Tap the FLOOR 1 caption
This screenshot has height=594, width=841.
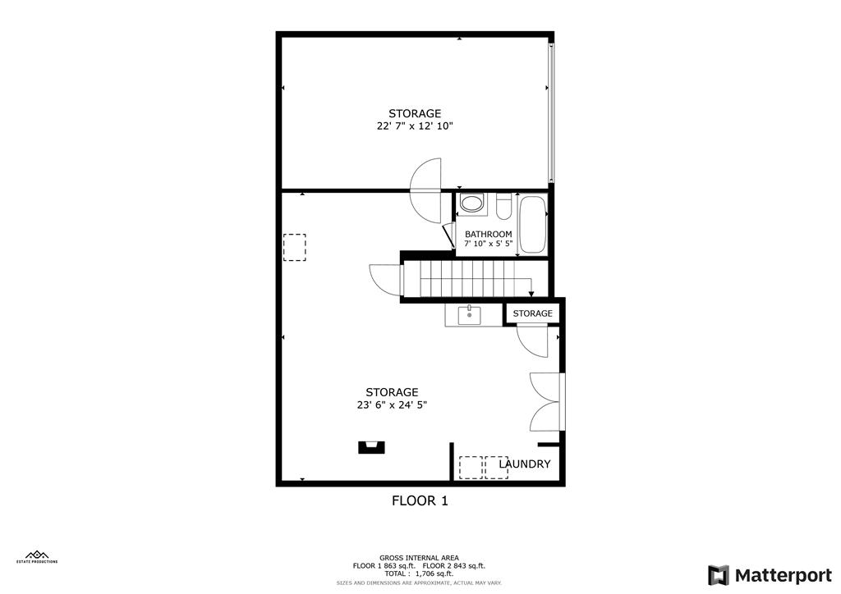pyautogui.click(x=420, y=500)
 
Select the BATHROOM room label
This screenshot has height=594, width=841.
pyautogui.click(x=488, y=234)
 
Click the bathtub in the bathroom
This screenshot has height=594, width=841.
pyautogui.click(x=532, y=225)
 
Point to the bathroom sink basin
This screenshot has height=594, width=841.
pyautogui.click(x=471, y=203)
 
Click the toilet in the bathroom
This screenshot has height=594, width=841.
pyautogui.click(x=503, y=203)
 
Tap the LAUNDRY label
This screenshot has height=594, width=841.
pyautogui.click(x=525, y=464)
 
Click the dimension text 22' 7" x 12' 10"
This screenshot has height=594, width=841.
pyautogui.click(x=415, y=126)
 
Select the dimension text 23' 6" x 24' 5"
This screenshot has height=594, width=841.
pyautogui.click(x=392, y=404)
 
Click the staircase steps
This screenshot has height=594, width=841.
pyautogui.click(x=468, y=279)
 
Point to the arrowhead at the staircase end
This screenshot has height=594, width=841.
pyautogui.click(x=531, y=293)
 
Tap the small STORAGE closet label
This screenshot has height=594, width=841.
pyautogui.click(x=533, y=313)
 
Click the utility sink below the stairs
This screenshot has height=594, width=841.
pyautogui.click(x=469, y=315)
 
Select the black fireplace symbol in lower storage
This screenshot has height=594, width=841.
pyautogui.click(x=370, y=446)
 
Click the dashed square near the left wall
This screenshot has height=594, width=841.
pyautogui.click(x=295, y=247)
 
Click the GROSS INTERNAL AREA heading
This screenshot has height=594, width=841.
pyautogui.click(x=419, y=557)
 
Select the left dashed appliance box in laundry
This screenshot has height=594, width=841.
pyautogui.click(x=471, y=467)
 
